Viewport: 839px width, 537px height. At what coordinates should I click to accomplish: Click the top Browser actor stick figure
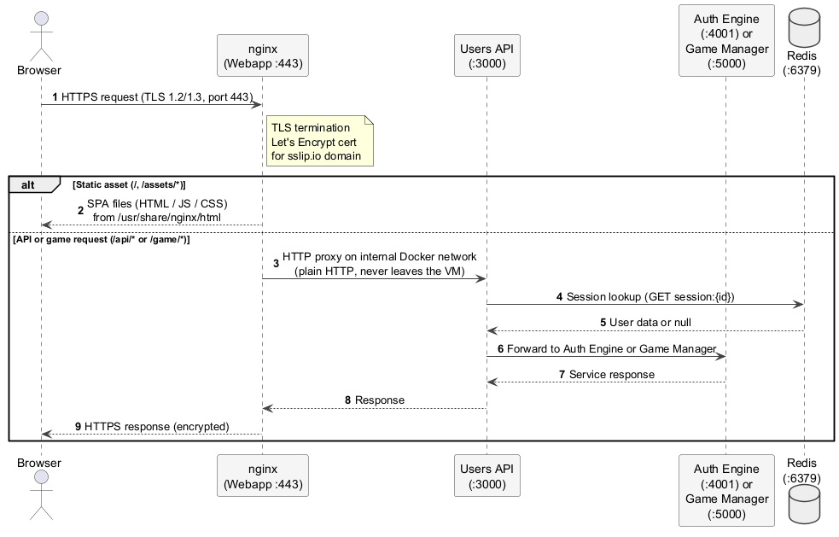[x=40, y=33]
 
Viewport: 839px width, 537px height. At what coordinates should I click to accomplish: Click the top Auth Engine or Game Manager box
[x=725, y=41]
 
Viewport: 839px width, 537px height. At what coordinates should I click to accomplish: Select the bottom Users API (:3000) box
[x=487, y=476]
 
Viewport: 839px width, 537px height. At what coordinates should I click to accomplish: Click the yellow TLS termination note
[x=319, y=142]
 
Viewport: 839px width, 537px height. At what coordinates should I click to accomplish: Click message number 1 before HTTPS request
[x=55, y=97]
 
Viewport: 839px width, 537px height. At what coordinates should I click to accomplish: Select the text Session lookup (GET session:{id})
[x=650, y=296]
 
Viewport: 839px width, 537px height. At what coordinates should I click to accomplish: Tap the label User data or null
[x=651, y=323]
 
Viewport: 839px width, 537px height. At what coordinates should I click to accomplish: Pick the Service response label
[x=611, y=374]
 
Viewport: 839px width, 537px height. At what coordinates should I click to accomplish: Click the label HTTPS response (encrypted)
[x=156, y=426]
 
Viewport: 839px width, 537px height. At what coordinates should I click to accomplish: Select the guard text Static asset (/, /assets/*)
[x=129, y=184]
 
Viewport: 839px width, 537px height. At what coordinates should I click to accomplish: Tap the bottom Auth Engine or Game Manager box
[x=725, y=491]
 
